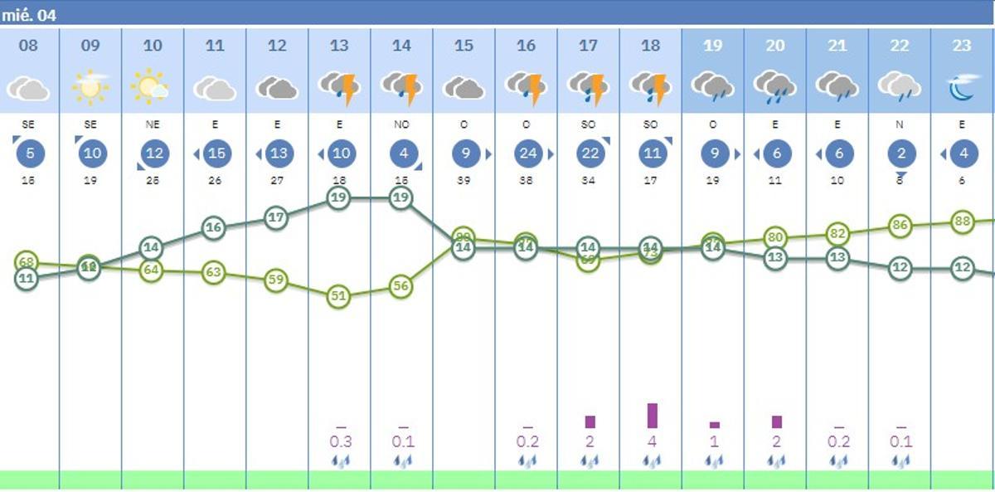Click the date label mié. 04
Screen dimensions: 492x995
point(29,15)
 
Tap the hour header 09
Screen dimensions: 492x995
point(90,46)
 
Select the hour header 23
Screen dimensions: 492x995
point(961,46)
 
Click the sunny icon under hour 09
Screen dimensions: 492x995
point(90,86)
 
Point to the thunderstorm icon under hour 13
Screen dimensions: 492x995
point(339,87)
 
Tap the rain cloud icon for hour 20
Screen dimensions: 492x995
point(774,87)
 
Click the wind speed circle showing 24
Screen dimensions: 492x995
point(527,153)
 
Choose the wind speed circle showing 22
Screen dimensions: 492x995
point(589,153)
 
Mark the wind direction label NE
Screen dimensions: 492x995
point(153,124)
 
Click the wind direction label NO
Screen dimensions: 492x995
point(401,124)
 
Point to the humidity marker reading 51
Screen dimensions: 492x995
point(338,295)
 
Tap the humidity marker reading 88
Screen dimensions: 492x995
point(962,222)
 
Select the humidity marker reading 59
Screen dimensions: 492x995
point(276,280)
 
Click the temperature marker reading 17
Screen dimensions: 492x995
point(276,218)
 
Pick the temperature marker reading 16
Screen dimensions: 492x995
point(214,227)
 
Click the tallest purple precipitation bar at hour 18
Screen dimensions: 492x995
point(653,416)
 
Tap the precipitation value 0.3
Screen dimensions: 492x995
point(341,441)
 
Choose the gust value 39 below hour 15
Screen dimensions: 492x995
point(464,180)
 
